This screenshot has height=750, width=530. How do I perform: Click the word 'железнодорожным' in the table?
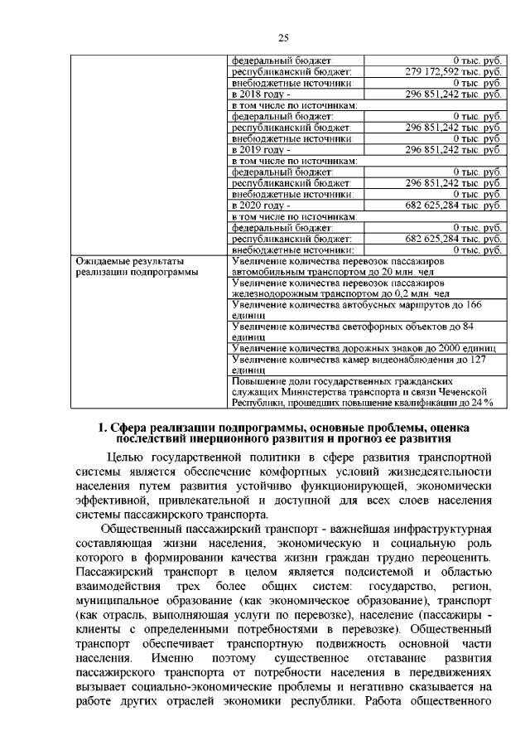[277, 293]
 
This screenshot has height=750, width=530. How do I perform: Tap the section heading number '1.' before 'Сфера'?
[102, 428]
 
